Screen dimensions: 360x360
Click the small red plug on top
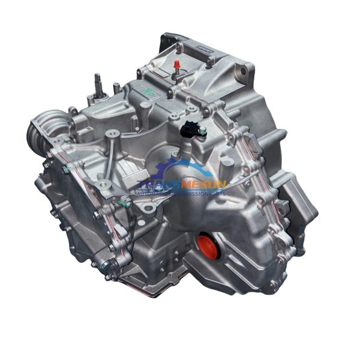point(177,65)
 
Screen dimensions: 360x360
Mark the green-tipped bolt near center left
point(127,204)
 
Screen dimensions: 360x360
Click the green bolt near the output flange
point(64,170)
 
